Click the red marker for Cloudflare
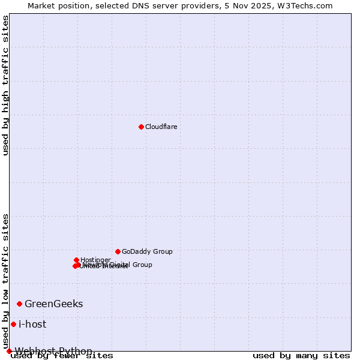141,127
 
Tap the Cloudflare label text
161,127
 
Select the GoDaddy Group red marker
118,251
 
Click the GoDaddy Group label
147,252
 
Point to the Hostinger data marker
76,260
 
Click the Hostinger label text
95,260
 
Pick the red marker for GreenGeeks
19,304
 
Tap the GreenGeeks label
53,304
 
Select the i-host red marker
13,324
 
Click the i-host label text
32,325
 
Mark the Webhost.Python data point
9,351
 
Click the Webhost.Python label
53,351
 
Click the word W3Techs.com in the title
309,5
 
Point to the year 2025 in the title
266,5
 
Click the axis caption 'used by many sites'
301,356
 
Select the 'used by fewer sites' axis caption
62,356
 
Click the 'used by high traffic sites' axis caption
5,85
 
